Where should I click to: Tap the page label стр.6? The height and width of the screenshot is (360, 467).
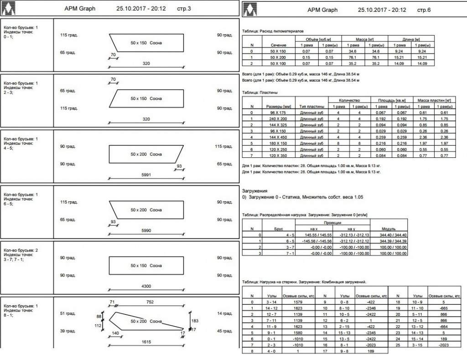pos(423,9)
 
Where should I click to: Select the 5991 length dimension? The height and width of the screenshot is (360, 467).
pos(145,175)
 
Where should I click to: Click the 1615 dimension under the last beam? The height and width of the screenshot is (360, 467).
pos(145,341)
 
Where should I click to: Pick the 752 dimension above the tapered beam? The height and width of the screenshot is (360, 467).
pos(149,302)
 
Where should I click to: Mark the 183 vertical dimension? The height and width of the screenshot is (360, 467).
pos(195,321)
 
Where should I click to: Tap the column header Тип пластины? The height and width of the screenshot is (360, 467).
pos(312,106)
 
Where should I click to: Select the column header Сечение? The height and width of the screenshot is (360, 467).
pos(278,46)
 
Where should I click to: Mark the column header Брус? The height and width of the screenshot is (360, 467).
pos(279,229)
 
